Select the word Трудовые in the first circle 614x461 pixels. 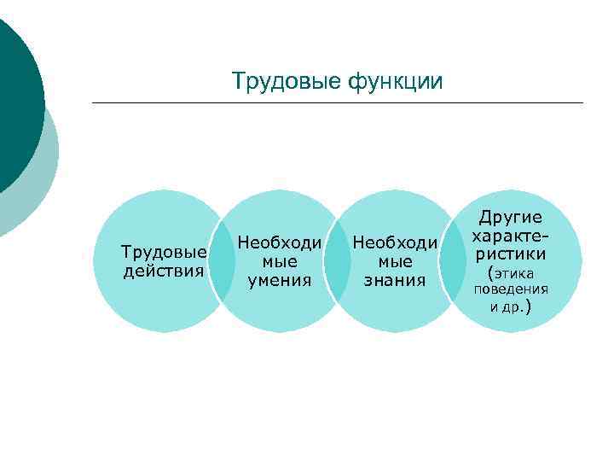point(164,253)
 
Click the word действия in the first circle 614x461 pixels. point(164,271)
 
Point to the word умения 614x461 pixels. point(280,279)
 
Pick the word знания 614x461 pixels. point(395,279)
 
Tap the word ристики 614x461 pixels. point(511,254)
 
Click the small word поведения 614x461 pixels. point(511,289)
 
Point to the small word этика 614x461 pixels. point(513,273)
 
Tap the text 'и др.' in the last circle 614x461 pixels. point(511,306)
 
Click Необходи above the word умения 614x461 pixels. point(280,242)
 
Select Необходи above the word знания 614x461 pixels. point(395,243)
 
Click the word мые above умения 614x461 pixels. point(280,261)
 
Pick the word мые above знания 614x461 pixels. point(395,261)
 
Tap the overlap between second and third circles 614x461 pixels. point(337,261)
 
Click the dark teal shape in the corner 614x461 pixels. point(15,94)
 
